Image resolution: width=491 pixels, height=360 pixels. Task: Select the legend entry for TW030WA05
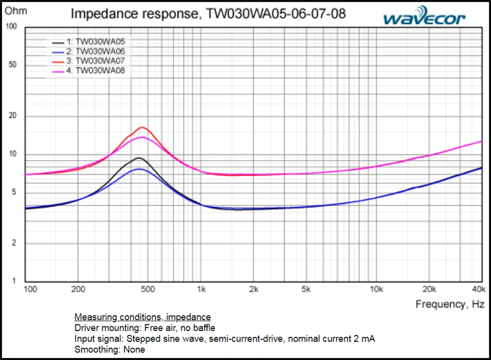click(x=100, y=42)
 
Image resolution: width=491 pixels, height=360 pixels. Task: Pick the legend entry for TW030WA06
click(x=100, y=51)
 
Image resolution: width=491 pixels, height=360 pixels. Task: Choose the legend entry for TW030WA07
click(x=100, y=61)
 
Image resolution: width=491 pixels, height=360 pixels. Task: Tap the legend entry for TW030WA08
click(x=100, y=70)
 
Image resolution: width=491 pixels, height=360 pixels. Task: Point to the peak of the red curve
click(x=142, y=127)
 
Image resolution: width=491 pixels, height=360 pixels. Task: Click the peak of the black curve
click(x=139, y=158)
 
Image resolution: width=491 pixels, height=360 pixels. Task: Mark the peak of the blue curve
click(x=138, y=169)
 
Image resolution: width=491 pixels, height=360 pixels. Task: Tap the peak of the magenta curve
click(x=141, y=137)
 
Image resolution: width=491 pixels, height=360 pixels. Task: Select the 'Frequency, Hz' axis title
click(x=450, y=304)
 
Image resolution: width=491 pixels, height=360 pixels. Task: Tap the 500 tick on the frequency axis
click(x=148, y=289)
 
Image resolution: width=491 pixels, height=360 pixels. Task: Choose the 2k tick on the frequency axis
click(x=253, y=289)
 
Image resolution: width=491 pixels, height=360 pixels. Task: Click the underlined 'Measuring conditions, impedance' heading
click(x=143, y=317)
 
